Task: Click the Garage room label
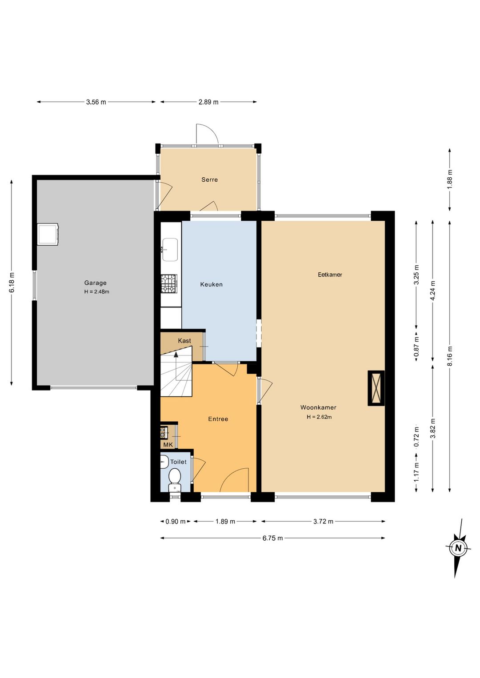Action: pyautogui.click(x=96, y=283)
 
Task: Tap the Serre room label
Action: pyautogui.click(x=209, y=180)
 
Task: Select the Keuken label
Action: pyautogui.click(x=211, y=284)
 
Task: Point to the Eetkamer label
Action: pyautogui.click(x=330, y=275)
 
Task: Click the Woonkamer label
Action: pyautogui.click(x=318, y=407)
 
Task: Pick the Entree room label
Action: pyautogui.click(x=218, y=419)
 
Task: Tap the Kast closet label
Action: pyautogui.click(x=184, y=341)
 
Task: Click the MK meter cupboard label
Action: pyautogui.click(x=168, y=445)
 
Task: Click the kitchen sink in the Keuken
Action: pyautogui.click(x=170, y=249)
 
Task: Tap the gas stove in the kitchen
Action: pyautogui.click(x=169, y=283)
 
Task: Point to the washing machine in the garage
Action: pyautogui.click(x=48, y=234)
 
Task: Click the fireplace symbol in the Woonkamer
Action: pyautogui.click(x=376, y=388)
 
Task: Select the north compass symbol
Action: pyautogui.click(x=458, y=548)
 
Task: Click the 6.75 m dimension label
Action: pyautogui.click(x=272, y=538)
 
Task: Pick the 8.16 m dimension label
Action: pyautogui.click(x=450, y=356)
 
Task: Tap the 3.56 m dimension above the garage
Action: pyautogui.click(x=96, y=102)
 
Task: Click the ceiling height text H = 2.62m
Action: pyautogui.click(x=319, y=417)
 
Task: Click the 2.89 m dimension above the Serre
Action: pyautogui.click(x=208, y=102)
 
